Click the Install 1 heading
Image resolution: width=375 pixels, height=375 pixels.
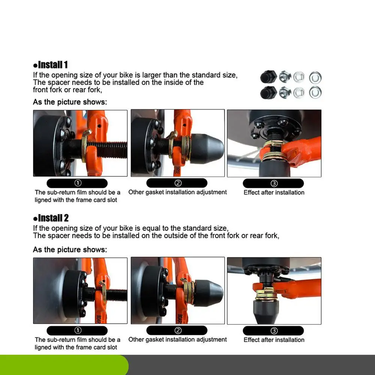pyautogui.click(x=51, y=65)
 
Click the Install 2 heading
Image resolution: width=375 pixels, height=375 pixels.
pyautogui.click(x=51, y=218)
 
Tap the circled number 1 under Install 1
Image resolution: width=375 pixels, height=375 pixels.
pyautogui.click(x=78, y=183)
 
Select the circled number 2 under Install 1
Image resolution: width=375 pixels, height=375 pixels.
pyautogui.click(x=178, y=183)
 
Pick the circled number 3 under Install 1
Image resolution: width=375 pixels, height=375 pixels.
pyautogui.click(x=274, y=183)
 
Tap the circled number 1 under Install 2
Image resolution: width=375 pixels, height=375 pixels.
pyautogui.click(x=78, y=330)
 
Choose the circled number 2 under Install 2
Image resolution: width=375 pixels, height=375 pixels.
pyautogui.click(x=178, y=330)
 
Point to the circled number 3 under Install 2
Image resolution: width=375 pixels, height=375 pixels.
pyautogui.click(x=274, y=331)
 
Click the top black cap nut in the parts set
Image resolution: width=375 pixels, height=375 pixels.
pyautogui.click(x=268, y=77)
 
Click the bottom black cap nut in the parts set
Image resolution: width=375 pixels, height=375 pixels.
pyautogui.click(x=268, y=93)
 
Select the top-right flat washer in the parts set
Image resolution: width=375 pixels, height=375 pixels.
pyautogui.click(x=315, y=78)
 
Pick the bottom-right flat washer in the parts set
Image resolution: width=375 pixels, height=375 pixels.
pyautogui.click(x=315, y=92)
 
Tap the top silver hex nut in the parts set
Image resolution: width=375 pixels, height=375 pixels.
pyautogui.click(x=285, y=77)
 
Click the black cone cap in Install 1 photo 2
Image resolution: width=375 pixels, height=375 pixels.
pyautogui.click(x=206, y=149)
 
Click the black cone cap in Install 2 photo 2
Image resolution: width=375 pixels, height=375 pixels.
pyautogui.click(x=208, y=293)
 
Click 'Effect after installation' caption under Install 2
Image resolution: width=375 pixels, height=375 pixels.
pyautogui.click(x=274, y=340)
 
